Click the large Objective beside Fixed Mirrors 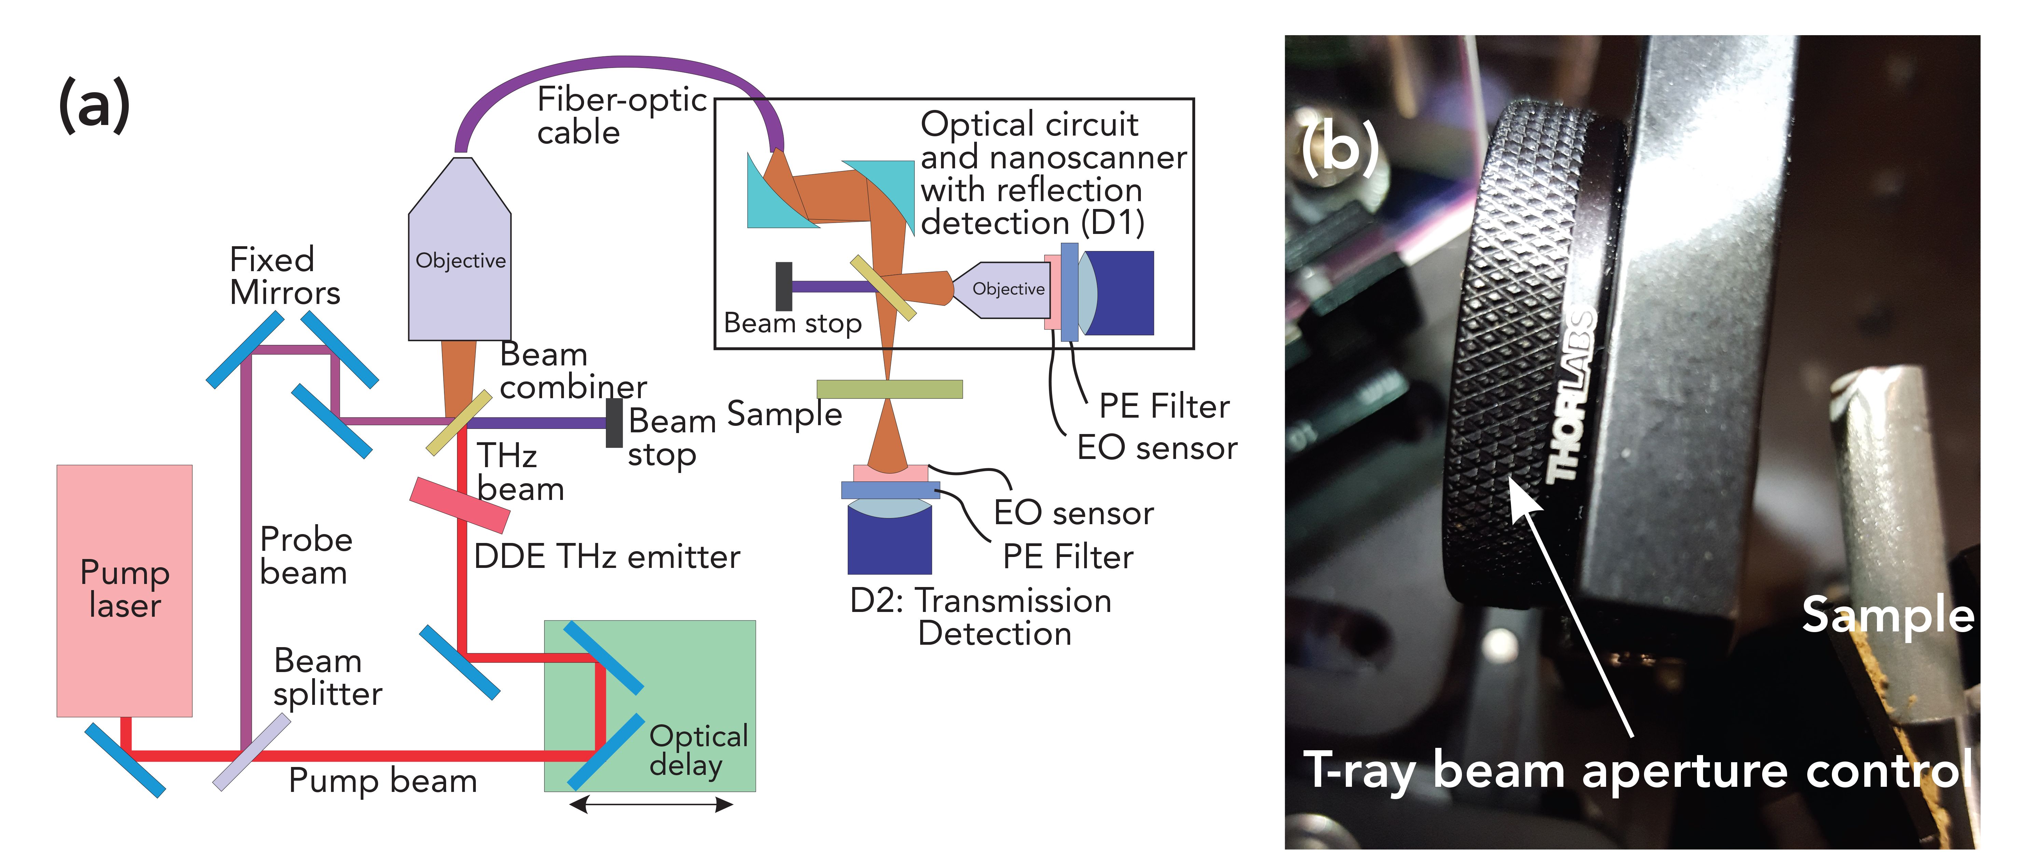click(x=460, y=260)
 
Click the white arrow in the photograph click(x=1569, y=607)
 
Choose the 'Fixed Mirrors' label click(x=284, y=276)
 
